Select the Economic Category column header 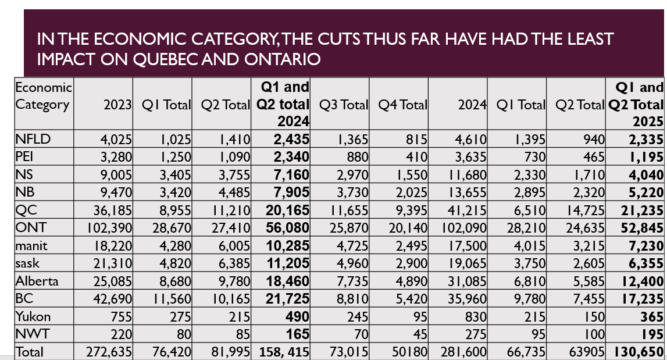coord(43,97)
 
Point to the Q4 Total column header coord(402,105)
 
